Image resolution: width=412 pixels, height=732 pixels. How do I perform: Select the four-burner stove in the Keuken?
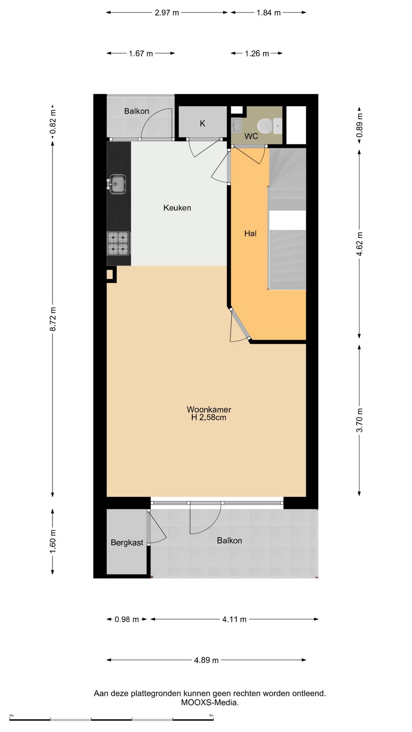pos(119,243)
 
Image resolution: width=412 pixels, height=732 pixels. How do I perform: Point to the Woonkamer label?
pos(209,409)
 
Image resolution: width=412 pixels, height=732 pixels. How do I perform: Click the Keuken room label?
pos(177,208)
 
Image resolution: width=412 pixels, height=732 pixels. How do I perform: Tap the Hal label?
pos(250,233)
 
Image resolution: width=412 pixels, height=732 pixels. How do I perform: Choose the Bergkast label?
pos(127,543)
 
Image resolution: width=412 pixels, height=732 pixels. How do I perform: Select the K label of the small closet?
pos(203,124)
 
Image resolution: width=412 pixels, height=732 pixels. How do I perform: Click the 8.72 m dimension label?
pos(53,319)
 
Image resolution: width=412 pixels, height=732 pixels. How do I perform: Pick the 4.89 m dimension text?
pos(206,660)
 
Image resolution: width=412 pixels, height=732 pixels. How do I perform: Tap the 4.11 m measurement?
pos(234,619)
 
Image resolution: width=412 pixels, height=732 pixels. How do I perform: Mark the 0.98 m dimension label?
pos(127,619)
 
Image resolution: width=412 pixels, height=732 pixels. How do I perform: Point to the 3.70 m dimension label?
pos(359,420)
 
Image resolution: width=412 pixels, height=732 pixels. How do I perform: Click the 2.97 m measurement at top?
pos(167,13)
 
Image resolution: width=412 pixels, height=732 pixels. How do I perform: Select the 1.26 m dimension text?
pos(257,53)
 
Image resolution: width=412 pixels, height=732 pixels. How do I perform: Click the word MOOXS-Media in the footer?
pos(210,703)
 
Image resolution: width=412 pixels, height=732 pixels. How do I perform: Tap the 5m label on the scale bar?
pos(211,715)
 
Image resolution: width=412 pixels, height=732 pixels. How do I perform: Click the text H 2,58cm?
pos(209,417)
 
